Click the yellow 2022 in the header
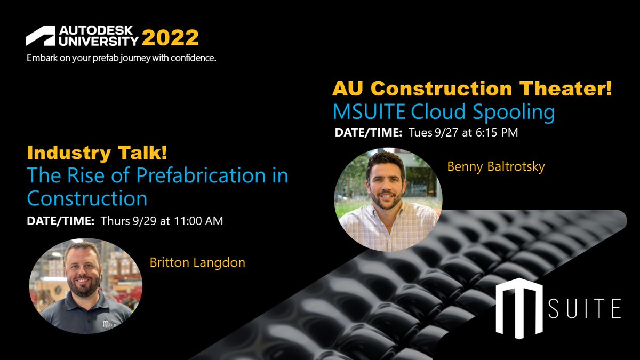coord(170,38)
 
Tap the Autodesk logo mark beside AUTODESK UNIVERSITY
coord(40,36)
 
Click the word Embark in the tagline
coord(41,58)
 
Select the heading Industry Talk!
coord(97,154)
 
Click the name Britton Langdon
coord(198,262)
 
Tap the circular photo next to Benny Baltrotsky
coord(388,199)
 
